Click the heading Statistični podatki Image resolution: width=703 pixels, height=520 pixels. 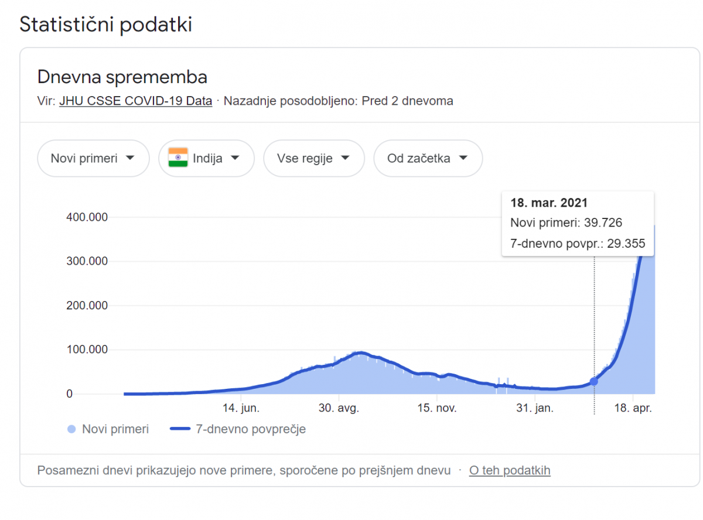pos(106,25)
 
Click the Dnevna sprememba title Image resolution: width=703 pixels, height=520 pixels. pos(122,77)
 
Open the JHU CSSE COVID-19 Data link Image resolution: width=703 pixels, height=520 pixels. pos(135,101)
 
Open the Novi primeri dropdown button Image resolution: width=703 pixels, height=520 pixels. pos(93,158)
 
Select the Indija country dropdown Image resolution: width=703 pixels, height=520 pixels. pos(206,158)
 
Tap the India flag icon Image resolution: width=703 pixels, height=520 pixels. pos(178,158)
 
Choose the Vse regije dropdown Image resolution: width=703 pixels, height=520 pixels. pos(313,158)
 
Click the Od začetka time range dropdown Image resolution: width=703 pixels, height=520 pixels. pos(428,158)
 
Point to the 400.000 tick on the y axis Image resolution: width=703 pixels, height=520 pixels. pos(87,217)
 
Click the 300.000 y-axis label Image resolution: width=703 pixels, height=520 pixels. pos(87,261)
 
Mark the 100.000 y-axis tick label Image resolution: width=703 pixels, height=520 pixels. pos(87,350)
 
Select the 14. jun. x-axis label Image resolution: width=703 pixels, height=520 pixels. pos(241,408)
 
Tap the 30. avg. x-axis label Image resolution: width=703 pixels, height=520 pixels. pos(338,408)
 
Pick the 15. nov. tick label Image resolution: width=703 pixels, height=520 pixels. pos(436,408)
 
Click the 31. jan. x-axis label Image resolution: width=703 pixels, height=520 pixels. pos(535,408)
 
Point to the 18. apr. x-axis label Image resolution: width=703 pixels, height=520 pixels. pos(633,408)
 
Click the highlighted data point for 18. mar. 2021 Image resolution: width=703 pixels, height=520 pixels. pos(594,381)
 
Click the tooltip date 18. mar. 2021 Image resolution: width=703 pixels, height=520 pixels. pos(549,203)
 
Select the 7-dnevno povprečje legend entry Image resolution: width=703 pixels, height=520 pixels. pos(238,429)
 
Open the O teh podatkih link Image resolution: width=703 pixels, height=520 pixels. pos(510,470)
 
